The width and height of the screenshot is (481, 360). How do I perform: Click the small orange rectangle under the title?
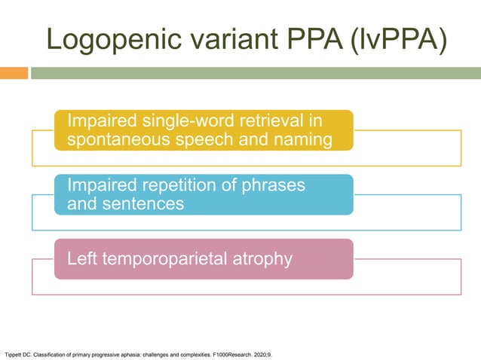pos(14,73)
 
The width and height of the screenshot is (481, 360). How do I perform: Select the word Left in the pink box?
pos(81,259)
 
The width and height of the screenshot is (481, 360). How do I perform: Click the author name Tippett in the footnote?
pos(13,352)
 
